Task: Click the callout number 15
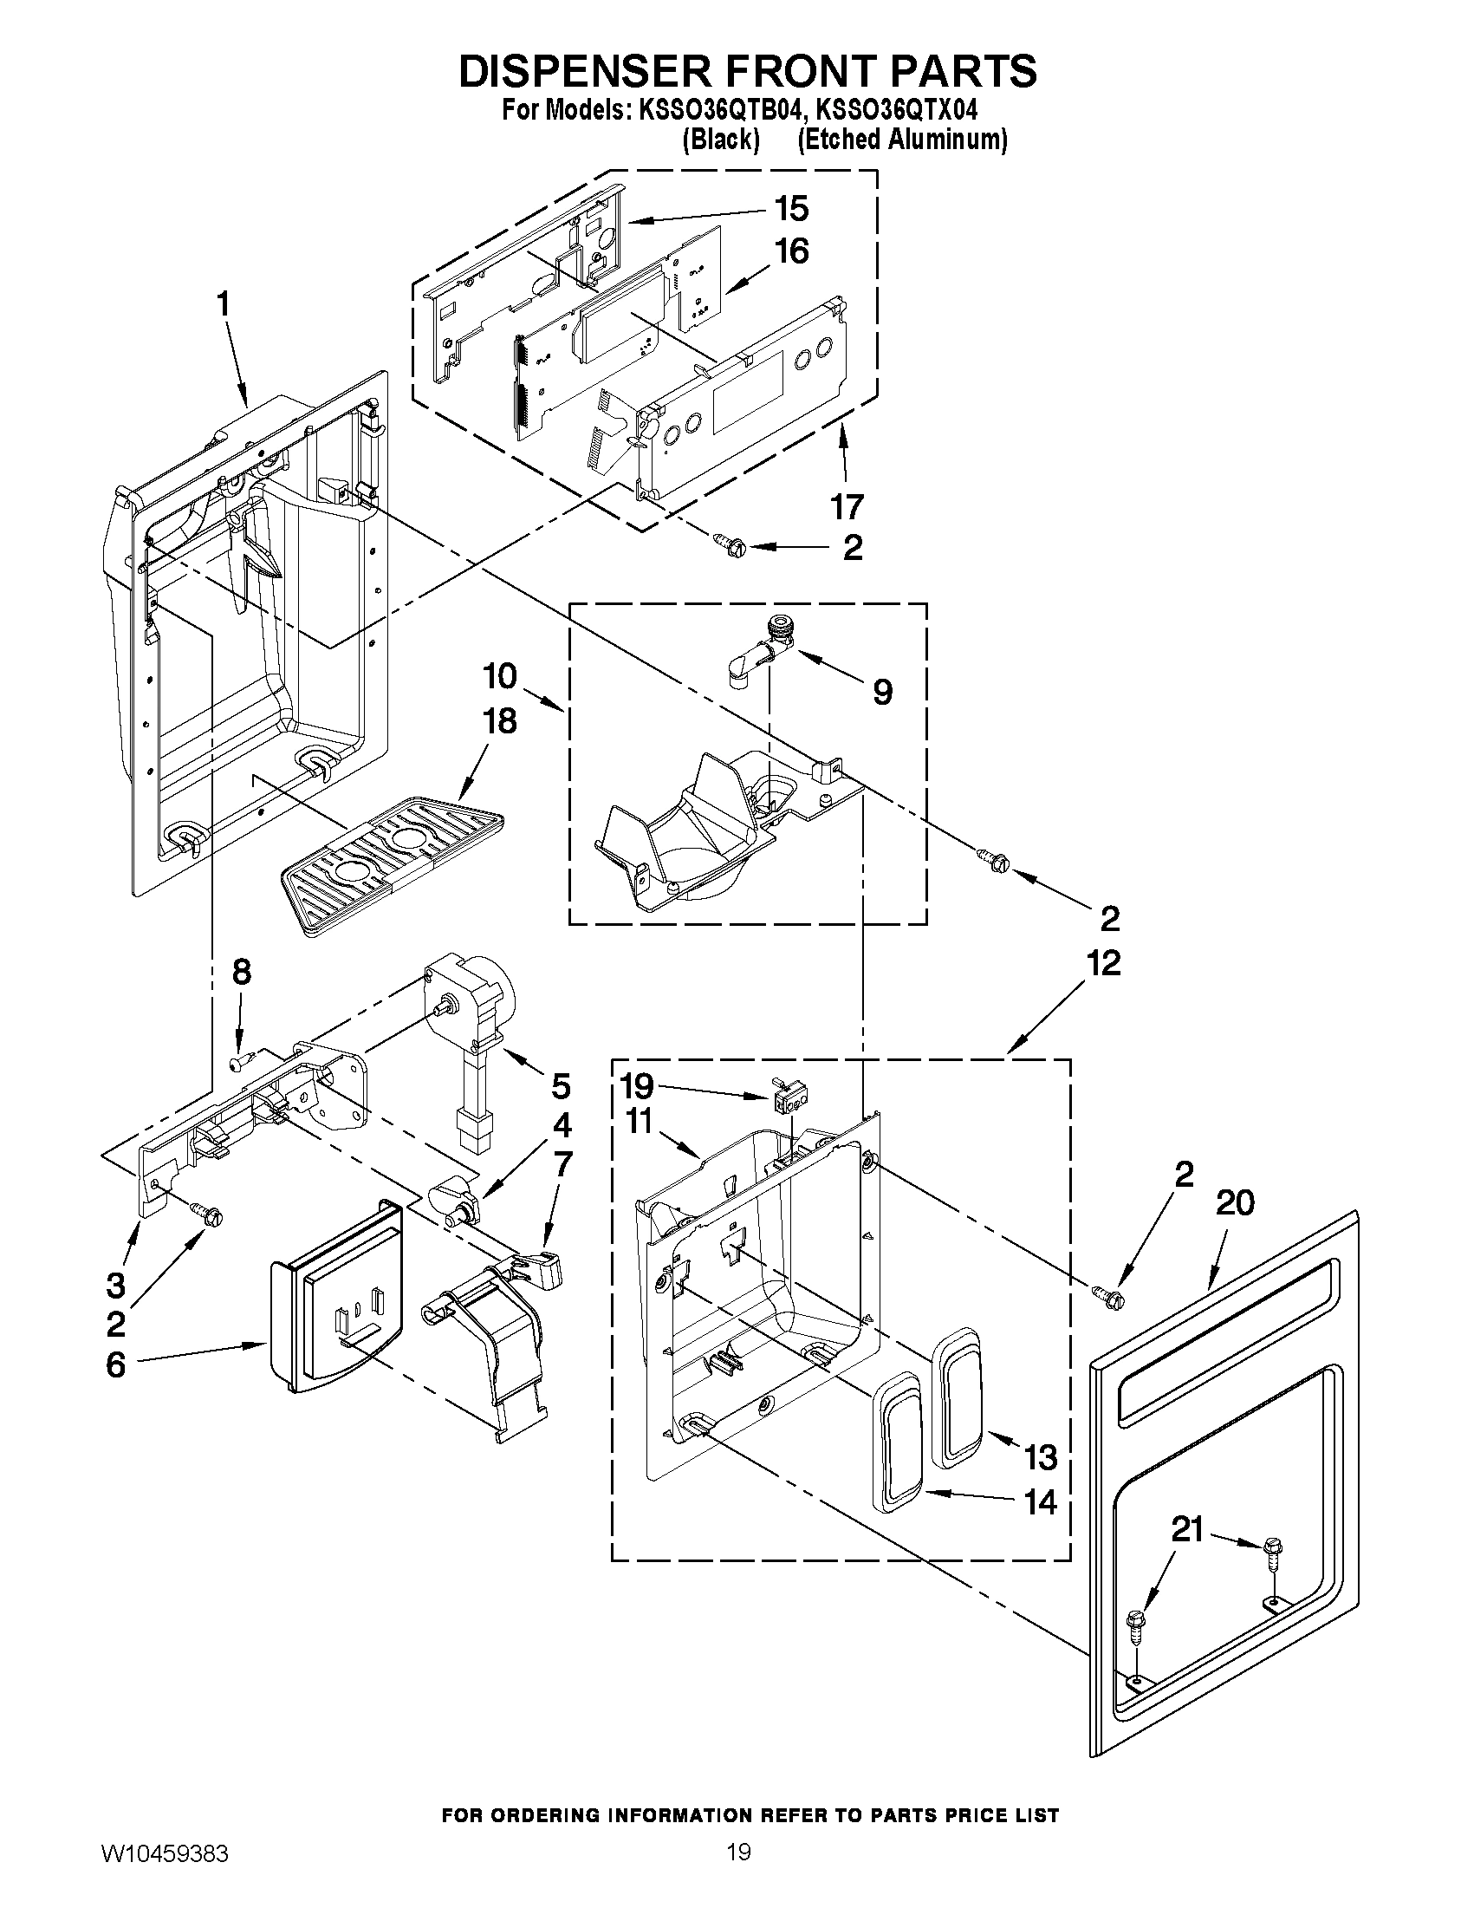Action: (790, 210)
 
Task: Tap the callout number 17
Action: (846, 506)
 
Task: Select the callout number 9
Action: (882, 693)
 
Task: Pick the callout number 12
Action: (1103, 964)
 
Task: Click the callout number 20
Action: (1235, 1203)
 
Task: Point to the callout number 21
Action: (1186, 1530)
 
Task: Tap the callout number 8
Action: (241, 972)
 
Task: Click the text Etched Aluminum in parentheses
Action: (902, 140)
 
